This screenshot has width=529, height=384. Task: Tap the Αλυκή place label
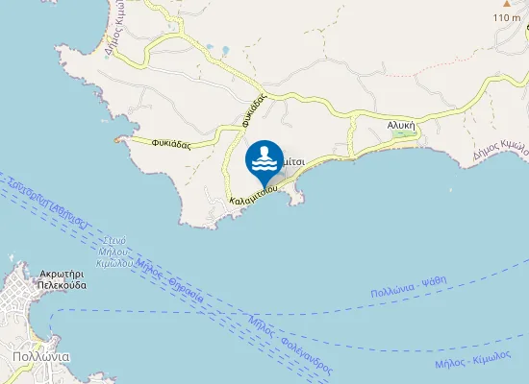pos(401,124)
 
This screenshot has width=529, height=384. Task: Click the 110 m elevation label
pos(506,17)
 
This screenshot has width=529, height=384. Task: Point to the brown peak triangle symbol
pos(506,5)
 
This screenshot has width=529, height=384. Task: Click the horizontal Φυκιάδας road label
pos(170,144)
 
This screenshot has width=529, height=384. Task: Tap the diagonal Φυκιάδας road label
pos(254,110)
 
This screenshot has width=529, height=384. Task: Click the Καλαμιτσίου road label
pos(254,195)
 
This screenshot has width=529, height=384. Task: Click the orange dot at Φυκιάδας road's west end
pos(117,141)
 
